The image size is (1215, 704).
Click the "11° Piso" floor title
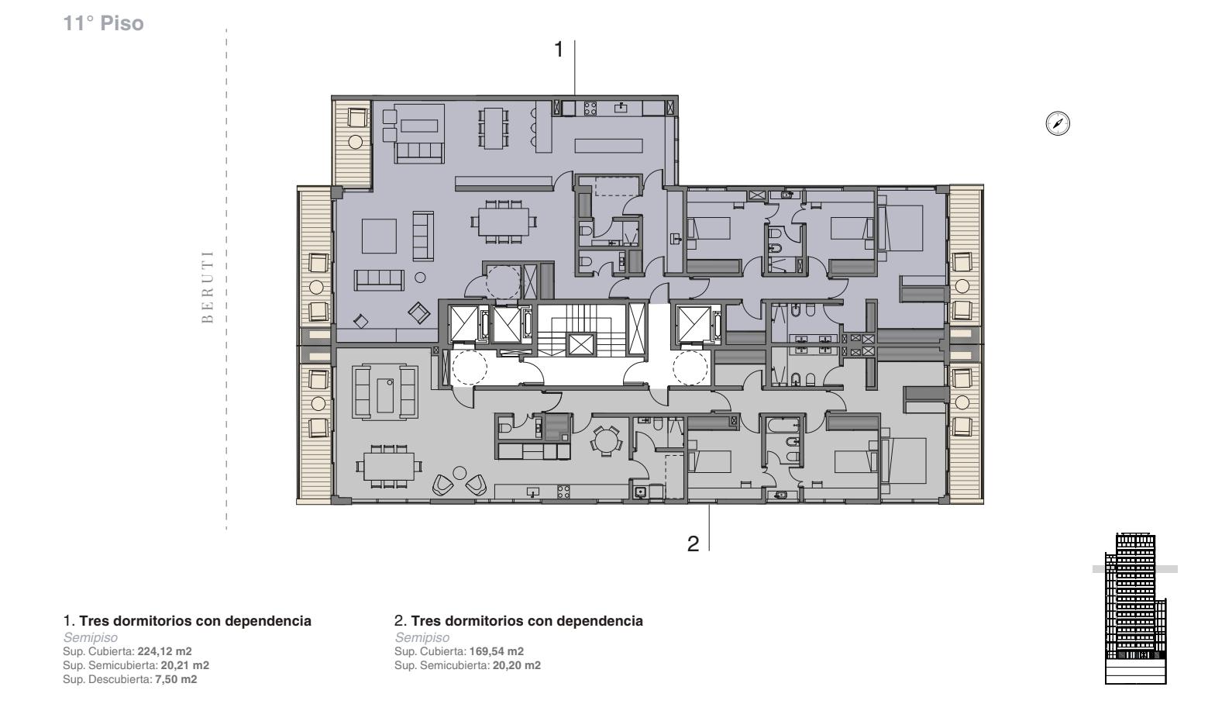pyautogui.click(x=103, y=23)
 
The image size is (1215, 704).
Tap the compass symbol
pyautogui.click(x=1057, y=123)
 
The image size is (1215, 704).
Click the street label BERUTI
pyautogui.click(x=207, y=287)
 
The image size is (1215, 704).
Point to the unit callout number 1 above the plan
pyautogui.click(x=559, y=50)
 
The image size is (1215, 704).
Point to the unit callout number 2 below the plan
pyautogui.click(x=693, y=544)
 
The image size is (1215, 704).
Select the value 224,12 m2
pyautogui.click(x=164, y=651)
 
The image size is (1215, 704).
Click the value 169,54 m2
pyautogui.click(x=496, y=651)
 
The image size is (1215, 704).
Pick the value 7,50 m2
pyautogui.click(x=176, y=679)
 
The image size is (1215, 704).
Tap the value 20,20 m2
pyautogui.click(x=516, y=665)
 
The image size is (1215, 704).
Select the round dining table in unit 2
pyautogui.click(x=606, y=439)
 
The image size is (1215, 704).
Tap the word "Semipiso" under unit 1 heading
pyautogui.click(x=90, y=637)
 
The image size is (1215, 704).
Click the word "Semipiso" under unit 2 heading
pyautogui.click(x=422, y=637)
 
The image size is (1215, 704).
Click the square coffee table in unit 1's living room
pyautogui.click(x=379, y=236)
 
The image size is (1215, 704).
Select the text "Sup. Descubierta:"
pyautogui.click(x=107, y=679)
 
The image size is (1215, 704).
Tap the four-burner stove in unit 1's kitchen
pyautogui.click(x=590, y=109)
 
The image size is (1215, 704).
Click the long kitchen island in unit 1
pyautogui.click(x=608, y=146)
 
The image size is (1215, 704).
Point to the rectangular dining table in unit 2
pyautogui.click(x=389, y=466)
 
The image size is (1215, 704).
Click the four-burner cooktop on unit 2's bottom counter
pyautogui.click(x=563, y=492)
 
